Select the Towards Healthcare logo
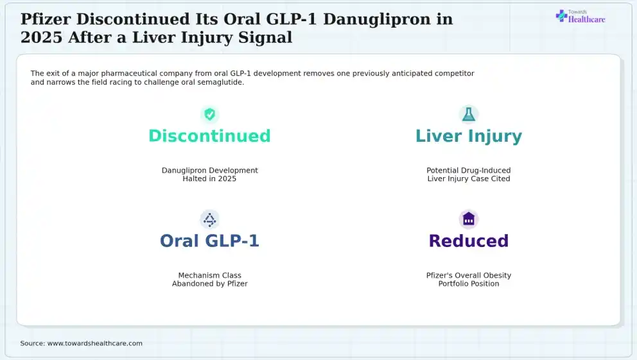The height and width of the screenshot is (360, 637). pyautogui.click(x=580, y=17)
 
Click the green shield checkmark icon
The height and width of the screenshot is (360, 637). pyautogui.click(x=209, y=114)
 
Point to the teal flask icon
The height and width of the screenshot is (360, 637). pyautogui.click(x=469, y=114)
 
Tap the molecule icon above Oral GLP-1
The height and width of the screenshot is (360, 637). pyautogui.click(x=209, y=219)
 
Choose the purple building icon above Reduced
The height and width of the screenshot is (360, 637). pyautogui.click(x=469, y=219)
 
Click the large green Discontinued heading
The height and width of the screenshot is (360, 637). pyautogui.click(x=209, y=136)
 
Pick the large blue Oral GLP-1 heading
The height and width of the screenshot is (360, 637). pyautogui.click(x=209, y=241)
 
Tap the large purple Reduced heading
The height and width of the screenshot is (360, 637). pyautogui.click(x=469, y=241)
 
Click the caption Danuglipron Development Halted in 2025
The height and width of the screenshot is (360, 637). pyautogui.click(x=209, y=175)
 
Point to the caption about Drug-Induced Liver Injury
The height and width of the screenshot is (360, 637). pyautogui.click(x=469, y=175)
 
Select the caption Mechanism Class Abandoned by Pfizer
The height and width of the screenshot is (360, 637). pyautogui.click(x=209, y=280)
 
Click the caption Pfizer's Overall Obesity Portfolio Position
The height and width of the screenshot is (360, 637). pyautogui.click(x=469, y=280)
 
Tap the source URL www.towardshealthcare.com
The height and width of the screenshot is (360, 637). pyautogui.click(x=95, y=343)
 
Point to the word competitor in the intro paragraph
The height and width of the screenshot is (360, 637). pyautogui.click(x=454, y=73)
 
